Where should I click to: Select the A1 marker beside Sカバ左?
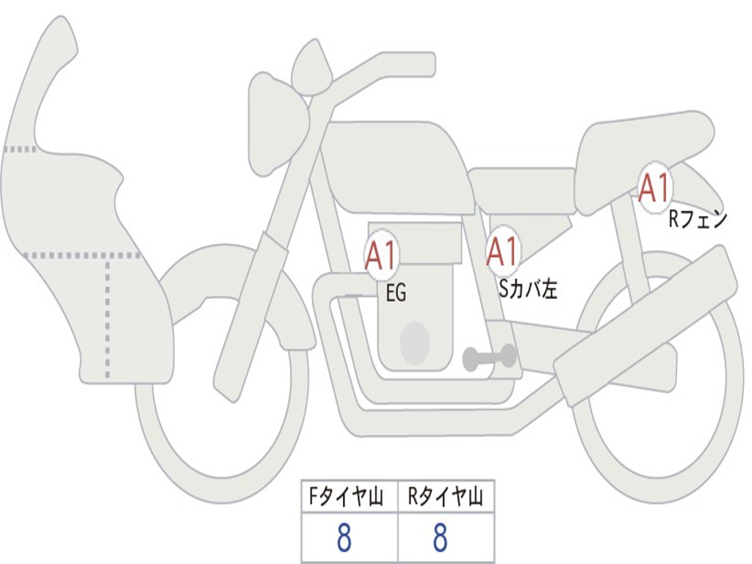(x=503, y=252)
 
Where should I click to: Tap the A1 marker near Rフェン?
(x=654, y=187)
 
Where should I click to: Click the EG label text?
(x=396, y=293)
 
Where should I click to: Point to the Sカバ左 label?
(x=528, y=289)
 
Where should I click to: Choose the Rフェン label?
(x=697, y=218)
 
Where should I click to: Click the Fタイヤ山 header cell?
(x=349, y=497)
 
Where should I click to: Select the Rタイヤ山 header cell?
(x=445, y=497)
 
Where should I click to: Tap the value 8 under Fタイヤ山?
(x=344, y=538)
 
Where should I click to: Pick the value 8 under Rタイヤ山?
(x=440, y=538)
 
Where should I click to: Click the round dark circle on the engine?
(x=415, y=342)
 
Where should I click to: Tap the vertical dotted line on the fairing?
(x=108, y=316)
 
